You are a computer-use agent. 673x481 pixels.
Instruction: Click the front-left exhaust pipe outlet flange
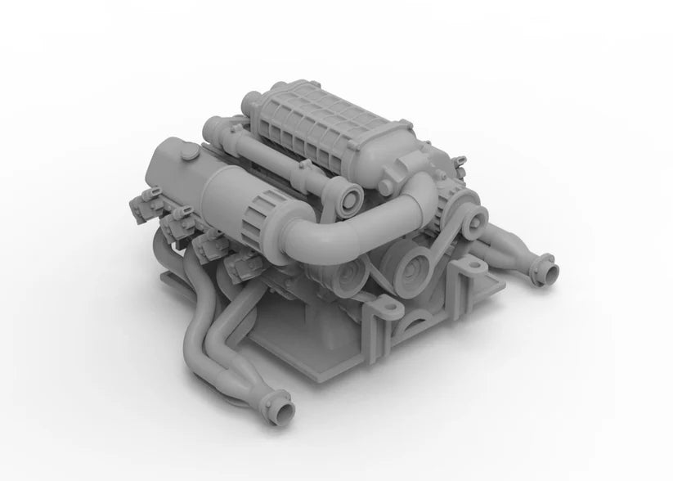(x=280, y=403)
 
